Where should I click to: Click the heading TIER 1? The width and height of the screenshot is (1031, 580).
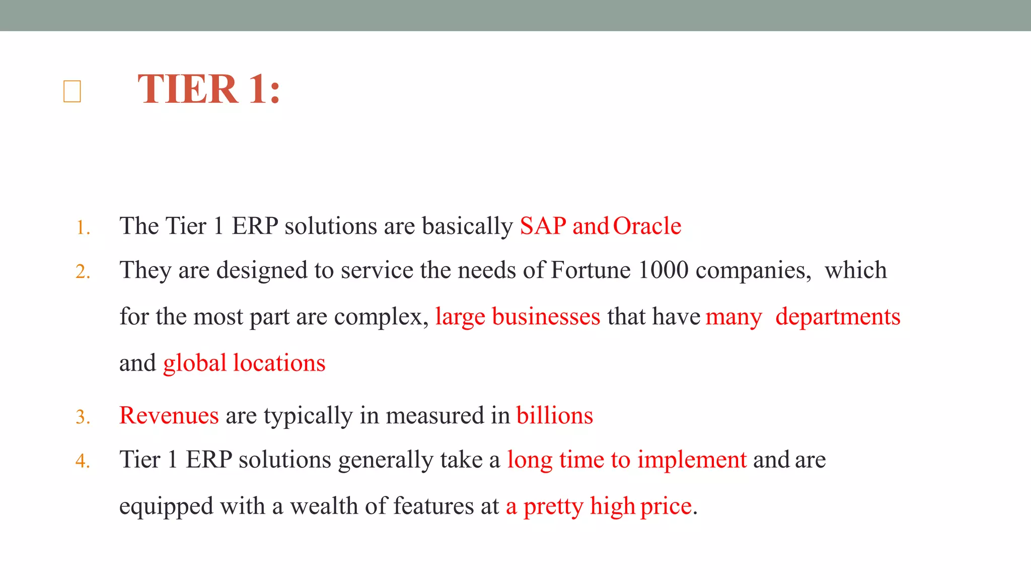[x=209, y=90]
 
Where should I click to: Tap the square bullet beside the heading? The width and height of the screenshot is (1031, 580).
[x=72, y=92]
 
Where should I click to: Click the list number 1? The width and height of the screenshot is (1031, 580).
[x=83, y=228]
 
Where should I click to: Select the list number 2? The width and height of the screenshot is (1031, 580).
[x=83, y=272]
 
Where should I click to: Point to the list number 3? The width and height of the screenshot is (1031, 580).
[x=83, y=417]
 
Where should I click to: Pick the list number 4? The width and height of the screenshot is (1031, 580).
[x=83, y=461]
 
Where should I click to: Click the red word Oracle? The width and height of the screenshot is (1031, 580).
[x=647, y=226]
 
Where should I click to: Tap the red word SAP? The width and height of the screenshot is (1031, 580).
[x=543, y=226]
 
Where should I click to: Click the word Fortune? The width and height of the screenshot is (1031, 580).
[x=591, y=270]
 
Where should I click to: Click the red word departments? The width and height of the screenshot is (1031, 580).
[x=838, y=317]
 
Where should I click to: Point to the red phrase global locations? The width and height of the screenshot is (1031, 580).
[x=244, y=364]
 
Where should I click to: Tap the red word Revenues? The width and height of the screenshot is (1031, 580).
[x=169, y=416]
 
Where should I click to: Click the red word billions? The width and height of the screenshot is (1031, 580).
[x=554, y=416]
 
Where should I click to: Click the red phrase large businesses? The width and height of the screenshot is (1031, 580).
[x=518, y=317]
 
